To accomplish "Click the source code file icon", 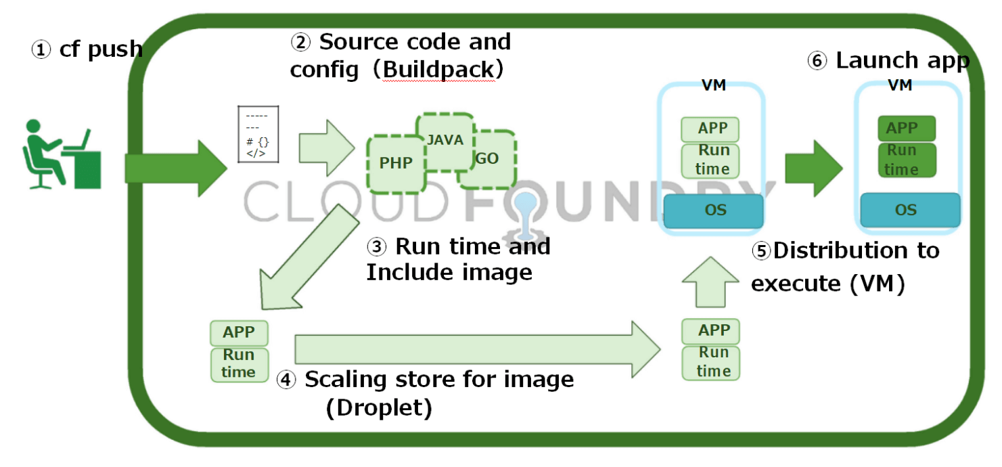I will (258, 134).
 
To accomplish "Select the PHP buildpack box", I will (396, 163).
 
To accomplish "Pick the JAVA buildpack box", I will (445, 141).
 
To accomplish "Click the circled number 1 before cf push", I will (42, 50).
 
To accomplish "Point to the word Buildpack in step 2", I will (438, 69).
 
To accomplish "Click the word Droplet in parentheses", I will (379, 409).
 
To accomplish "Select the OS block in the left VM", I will (713, 210).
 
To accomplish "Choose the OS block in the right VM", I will (909, 210).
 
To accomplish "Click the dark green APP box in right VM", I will (906, 128).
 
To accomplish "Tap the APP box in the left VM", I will (710, 129).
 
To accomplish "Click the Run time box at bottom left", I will (240, 364).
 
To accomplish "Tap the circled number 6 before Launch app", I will (817, 61).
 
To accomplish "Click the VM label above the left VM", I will (713, 85).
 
